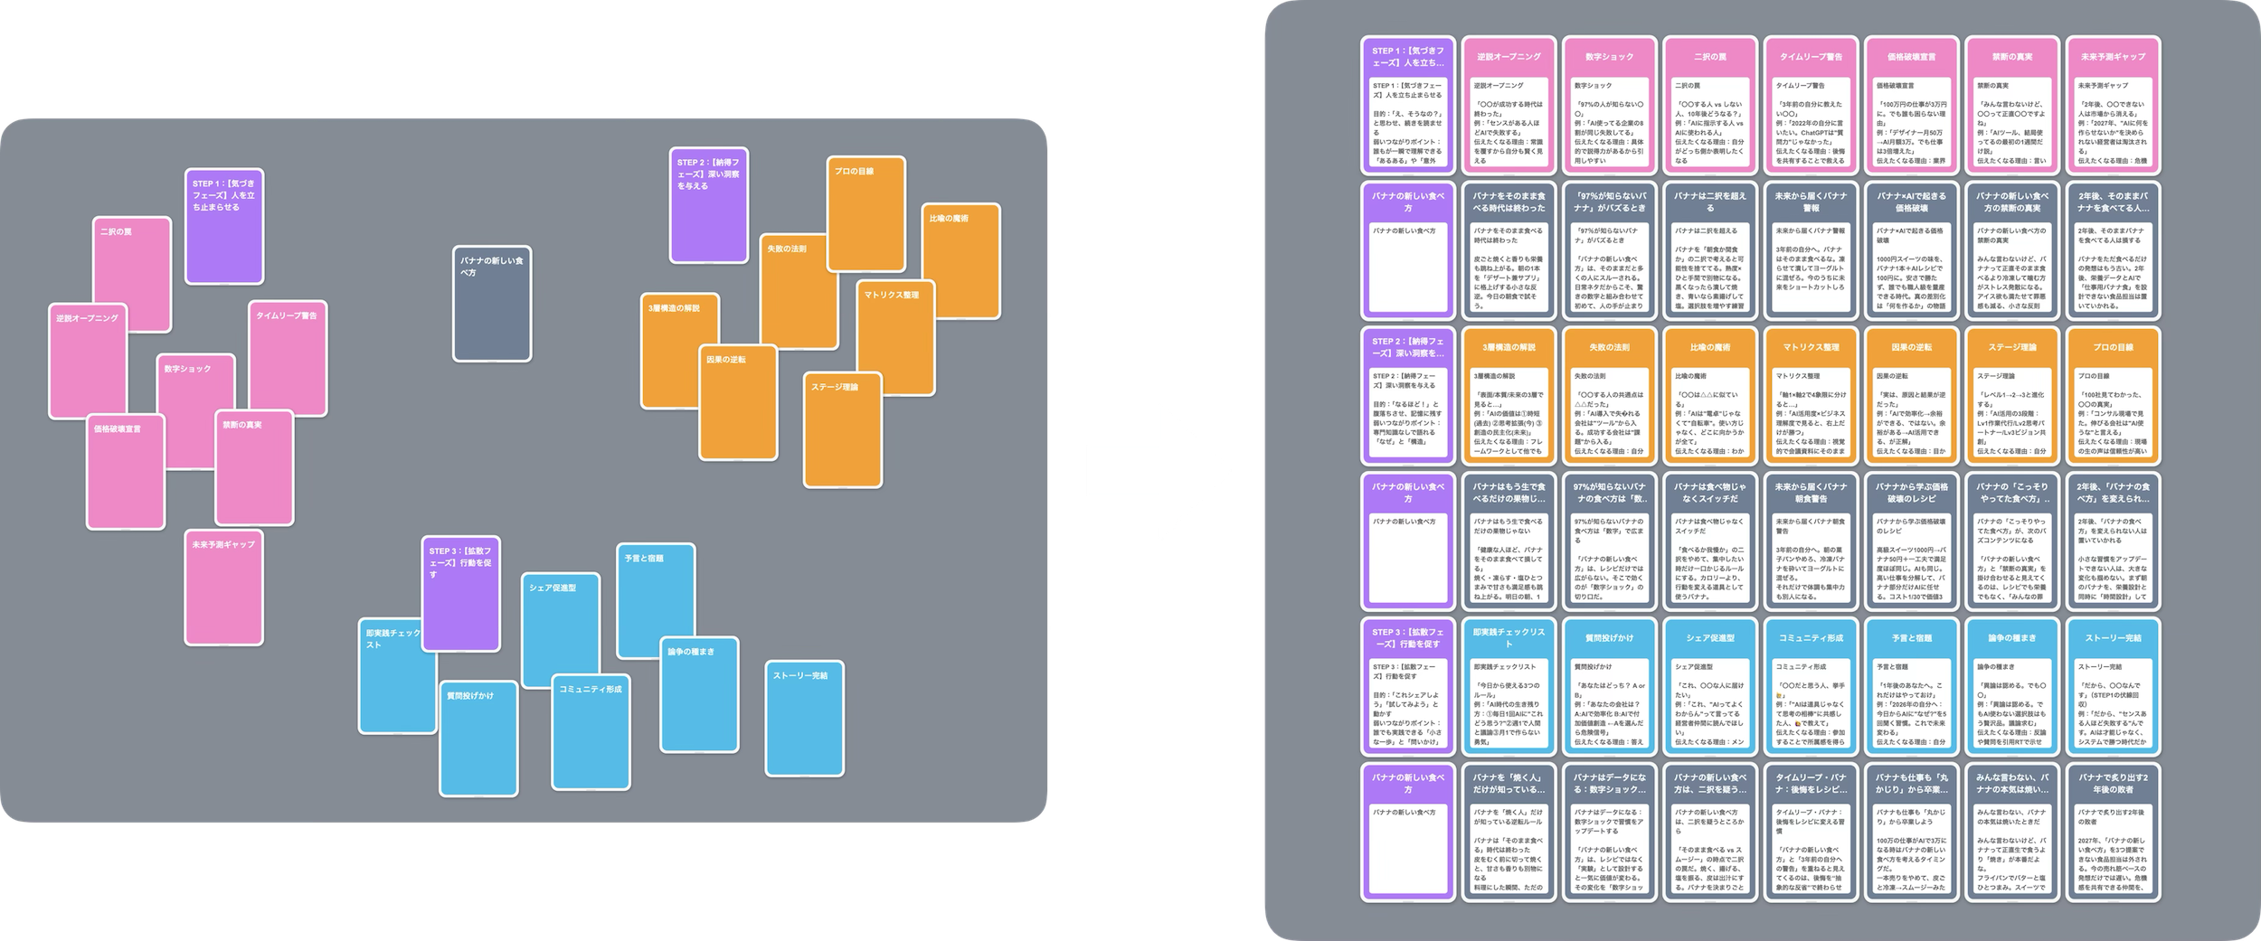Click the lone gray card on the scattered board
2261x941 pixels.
click(492, 304)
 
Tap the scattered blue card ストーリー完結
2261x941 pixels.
click(804, 718)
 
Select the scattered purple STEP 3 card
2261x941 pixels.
click(460, 593)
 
